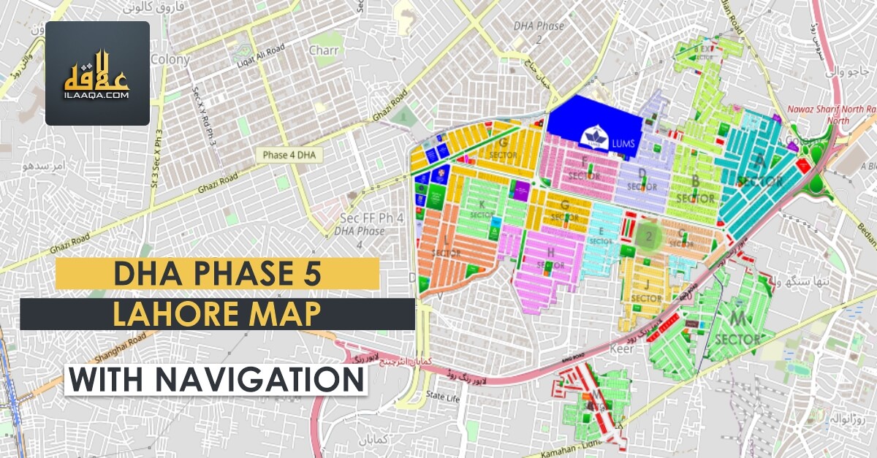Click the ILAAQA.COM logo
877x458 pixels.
click(97, 73)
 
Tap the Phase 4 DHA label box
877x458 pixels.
click(287, 155)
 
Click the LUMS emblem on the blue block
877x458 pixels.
click(592, 137)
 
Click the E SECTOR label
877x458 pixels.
click(601, 235)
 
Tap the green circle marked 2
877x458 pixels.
click(648, 237)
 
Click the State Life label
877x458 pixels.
click(443, 397)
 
